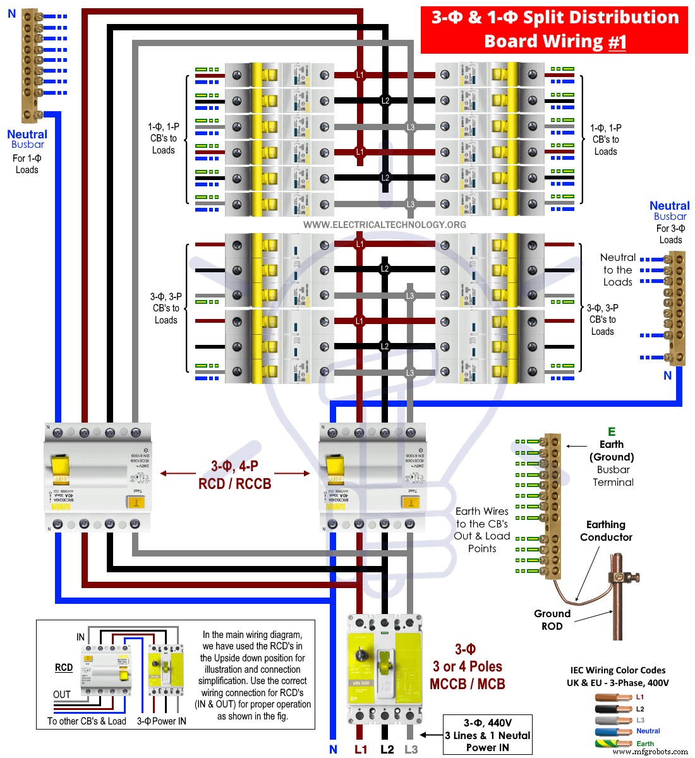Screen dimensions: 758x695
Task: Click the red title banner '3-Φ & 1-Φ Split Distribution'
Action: pos(554,18)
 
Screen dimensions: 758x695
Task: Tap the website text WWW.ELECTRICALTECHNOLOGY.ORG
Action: pos(384,225)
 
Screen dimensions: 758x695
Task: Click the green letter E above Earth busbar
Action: pos(611,432)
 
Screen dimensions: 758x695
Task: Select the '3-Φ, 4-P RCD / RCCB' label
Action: pos(234,475)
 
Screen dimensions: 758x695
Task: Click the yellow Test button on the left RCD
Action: pos(135,502)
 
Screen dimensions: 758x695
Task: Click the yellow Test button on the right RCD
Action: pos(411,503)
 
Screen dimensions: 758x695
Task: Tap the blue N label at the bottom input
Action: pos(333,749)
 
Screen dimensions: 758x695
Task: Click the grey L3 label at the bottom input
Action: pos(411,749)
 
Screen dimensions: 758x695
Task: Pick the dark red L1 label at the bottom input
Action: pos(360,749)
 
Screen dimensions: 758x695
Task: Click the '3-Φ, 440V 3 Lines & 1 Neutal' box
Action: pos(488,735)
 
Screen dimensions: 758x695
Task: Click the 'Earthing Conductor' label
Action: pos(606,531)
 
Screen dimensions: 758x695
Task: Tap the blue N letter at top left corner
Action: pos(11,13)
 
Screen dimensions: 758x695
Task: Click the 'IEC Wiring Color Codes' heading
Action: pos(617,670)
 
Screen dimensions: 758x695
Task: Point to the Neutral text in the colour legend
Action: pos(648,731)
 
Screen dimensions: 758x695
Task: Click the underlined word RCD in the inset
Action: pos(64,667)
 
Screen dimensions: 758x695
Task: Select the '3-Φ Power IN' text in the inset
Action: pos(162,721)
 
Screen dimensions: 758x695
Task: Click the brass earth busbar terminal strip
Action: pos(552,506)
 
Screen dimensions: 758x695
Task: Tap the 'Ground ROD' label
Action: pos(552,620)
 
